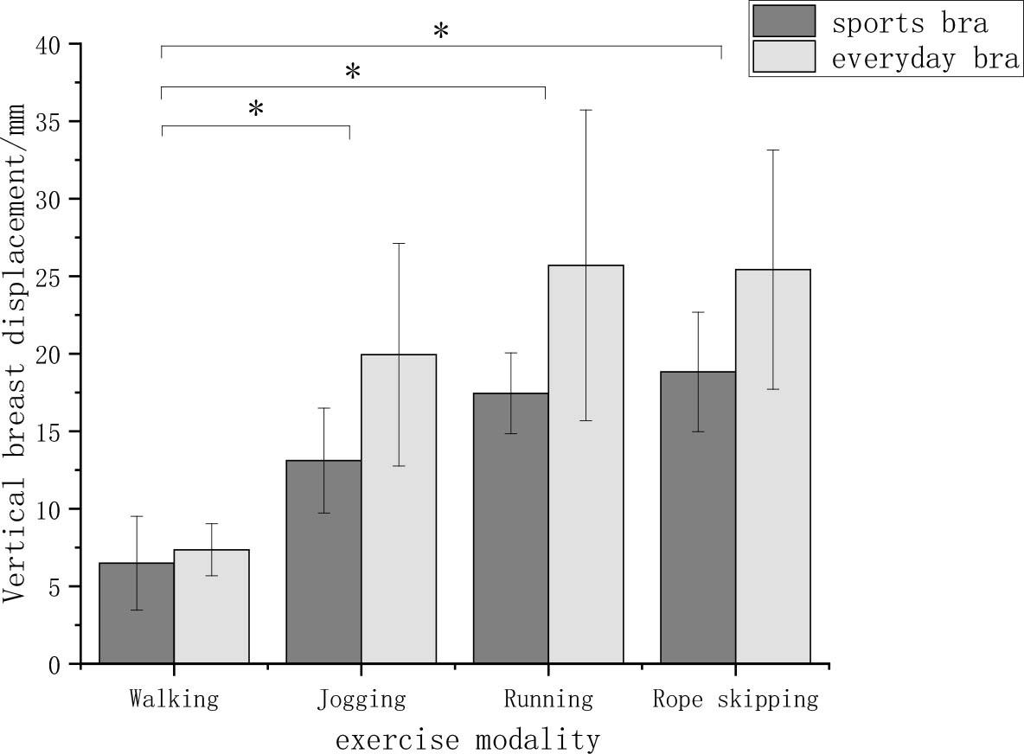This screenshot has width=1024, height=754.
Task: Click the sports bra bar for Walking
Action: click(x=137, y=614)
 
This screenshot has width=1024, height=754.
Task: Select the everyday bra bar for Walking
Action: click(x=212, y=607)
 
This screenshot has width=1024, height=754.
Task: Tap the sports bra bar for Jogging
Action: click(x=323, y=562)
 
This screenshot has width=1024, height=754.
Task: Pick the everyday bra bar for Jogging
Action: click(x=399, y=509)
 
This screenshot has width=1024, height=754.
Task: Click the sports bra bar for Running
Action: click(x=510, y=528)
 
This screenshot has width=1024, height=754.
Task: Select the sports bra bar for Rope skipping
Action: click(x=698, y=518)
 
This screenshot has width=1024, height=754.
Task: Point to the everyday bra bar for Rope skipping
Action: click(x=773, y=467)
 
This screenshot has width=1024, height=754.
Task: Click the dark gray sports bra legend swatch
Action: click(x=784, y=21)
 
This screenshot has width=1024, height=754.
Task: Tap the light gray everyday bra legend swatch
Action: click(x=784, y=57)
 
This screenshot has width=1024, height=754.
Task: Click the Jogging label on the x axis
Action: click(x=362, y=699)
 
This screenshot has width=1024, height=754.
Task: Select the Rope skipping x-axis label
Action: click(x=735, y=699)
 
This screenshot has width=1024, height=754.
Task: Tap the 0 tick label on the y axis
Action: click(x=54, y=665)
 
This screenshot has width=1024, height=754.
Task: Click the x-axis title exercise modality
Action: click(x=467, y=740)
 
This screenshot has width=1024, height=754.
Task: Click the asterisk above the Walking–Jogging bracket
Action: click(x=256, y=109)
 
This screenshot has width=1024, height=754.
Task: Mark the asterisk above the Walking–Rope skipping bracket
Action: click(x=441, y=31)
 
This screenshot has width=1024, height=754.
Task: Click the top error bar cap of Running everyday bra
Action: click(x=586, y=110)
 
